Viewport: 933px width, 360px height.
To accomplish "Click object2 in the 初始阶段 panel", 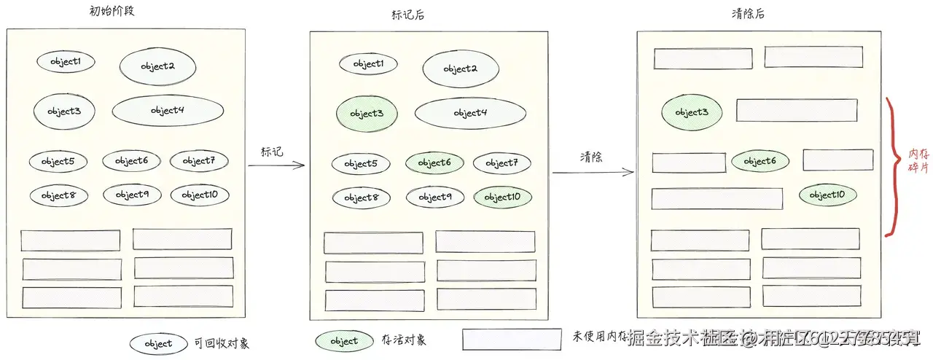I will coord(157,66).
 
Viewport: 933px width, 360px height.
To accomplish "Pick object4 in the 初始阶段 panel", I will coord(168,110).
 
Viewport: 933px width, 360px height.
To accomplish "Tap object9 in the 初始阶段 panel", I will coord(132,195).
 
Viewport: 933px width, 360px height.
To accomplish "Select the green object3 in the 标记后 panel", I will coord(366,114).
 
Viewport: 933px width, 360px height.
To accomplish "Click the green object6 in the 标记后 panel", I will coord(434,163).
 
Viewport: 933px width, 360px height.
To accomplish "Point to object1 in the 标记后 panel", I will coord(368,64).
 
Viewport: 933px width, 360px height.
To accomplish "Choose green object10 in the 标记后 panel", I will coord(502,197).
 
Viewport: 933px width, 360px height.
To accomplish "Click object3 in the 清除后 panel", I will coord(691,112).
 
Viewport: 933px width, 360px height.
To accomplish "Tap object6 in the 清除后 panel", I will coord(760,161).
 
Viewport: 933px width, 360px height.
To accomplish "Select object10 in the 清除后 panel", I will coord(827,195).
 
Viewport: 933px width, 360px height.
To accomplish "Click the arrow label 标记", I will coord(272,152).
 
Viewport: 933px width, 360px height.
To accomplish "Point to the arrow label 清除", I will coord(591,157).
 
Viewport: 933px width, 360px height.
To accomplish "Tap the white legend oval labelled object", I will coord(158,343).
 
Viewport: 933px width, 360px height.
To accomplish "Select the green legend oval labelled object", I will coord(344,341).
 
